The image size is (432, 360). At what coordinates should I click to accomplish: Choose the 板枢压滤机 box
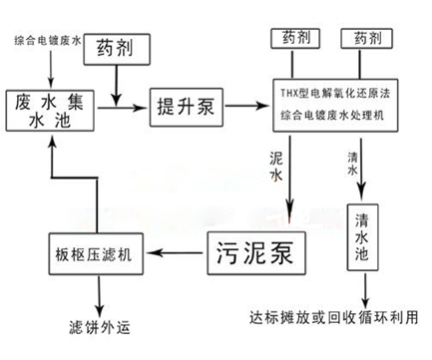pos(98,250)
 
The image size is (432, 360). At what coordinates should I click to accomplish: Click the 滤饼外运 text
pos(99,327)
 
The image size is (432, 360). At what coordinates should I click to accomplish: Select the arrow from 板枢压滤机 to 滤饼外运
pos(99,290)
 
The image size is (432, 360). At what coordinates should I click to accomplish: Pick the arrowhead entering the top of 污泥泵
pos(290,215)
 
